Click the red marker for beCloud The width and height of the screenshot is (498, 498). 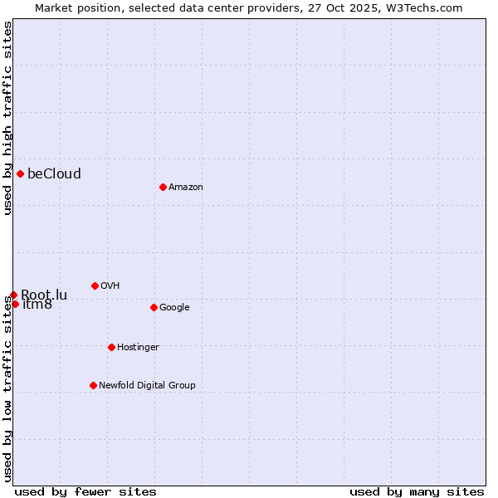(x=20, y=173)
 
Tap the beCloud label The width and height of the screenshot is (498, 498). (x=54, y=173)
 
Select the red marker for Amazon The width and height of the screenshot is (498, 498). (x=163, y=187)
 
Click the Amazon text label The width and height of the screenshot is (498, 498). (x=185, y=187)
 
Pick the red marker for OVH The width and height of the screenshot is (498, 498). (x=95, y=286)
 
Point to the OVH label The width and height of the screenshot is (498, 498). (x=110, y=286)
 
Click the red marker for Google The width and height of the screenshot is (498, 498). (x=154, y=307)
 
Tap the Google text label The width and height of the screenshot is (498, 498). (x=174, y=307)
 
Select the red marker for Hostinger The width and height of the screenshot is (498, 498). (x=111, y=347)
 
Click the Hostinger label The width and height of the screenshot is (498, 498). (x=138, y=347)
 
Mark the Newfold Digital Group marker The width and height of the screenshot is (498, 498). (x=93, y=385)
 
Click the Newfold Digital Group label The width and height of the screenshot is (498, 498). (x=147, y=385)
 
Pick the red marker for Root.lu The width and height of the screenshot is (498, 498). (x=13, y=295)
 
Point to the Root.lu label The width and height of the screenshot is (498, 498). (x=44, y=295)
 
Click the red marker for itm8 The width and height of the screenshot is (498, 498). (x=15, y=304)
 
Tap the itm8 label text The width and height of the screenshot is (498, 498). (x=37, y=305)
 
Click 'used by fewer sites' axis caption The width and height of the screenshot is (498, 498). (x=85, y=491)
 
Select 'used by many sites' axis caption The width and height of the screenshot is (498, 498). (x=417, y=491)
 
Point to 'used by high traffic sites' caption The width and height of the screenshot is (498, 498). (x=7, y=118)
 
